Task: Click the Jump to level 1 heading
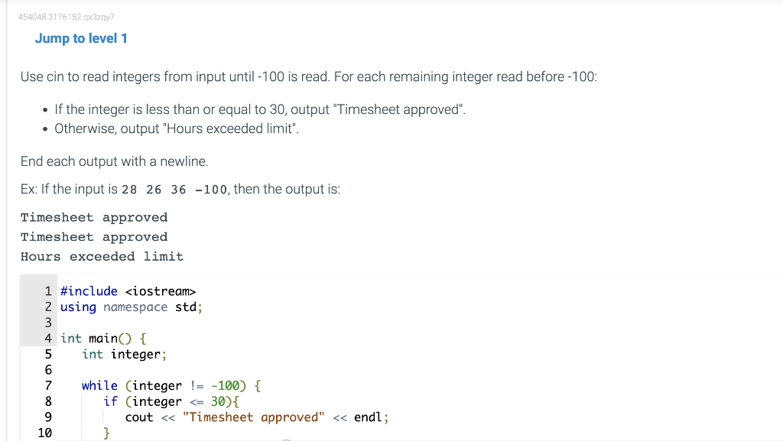click(x=81, y=38)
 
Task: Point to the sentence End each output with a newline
click(x=114, y=161)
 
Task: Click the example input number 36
click(x=178, y=190)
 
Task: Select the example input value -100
click(x=211, y=190)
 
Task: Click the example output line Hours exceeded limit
click(x=102, y=257)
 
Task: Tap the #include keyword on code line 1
click(x=89, y=291)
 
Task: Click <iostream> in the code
click(x=160, y=291)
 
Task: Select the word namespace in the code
click(x=135, y=307)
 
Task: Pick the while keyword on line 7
click(x=99, y=386)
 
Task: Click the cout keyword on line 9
click(x=139, y=417)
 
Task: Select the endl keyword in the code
click(x=369, y=417)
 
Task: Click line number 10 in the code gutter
click(x=44, y=433)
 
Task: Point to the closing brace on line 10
click(x=107, y=433)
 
